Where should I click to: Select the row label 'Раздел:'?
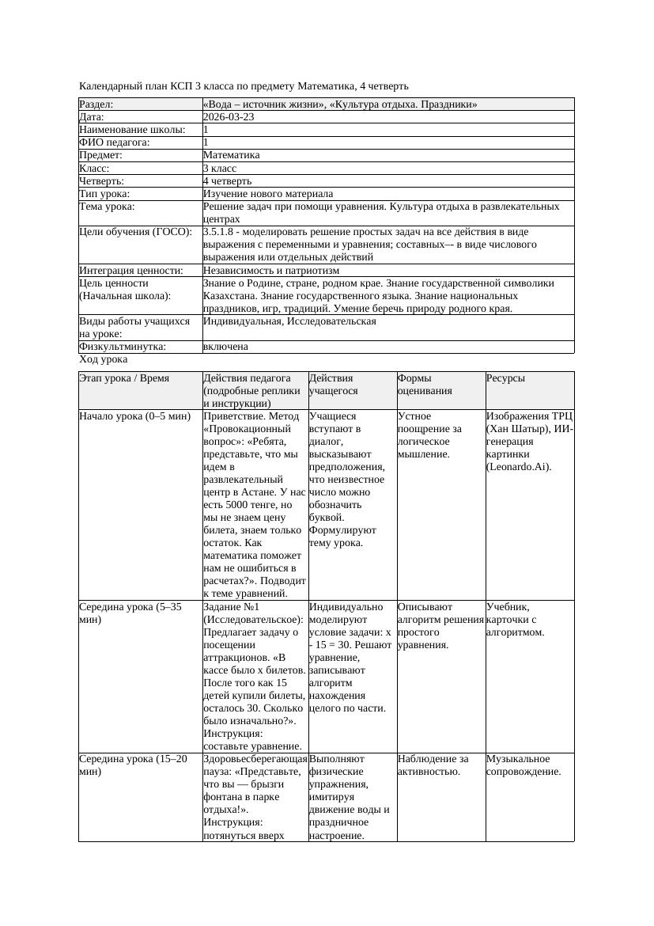coord(96,104)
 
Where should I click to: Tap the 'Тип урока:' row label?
coord(104,194)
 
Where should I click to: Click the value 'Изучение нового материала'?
coord(267,194)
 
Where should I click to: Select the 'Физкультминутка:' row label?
coord(122,347)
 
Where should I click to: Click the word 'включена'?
coord(225,347)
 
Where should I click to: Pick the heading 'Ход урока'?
coord(103,359)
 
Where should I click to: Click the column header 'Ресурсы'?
coord(505,379)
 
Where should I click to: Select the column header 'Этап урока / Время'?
coord(124,379)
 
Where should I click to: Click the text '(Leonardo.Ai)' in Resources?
coord(519,466)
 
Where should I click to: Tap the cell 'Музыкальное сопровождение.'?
coord(524,765)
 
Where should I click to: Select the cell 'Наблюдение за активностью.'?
coord(433,765)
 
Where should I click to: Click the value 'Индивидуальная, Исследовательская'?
coord(289,321)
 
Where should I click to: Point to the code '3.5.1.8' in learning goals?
coord(220,232)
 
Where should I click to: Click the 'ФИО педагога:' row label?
coord(115,142)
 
